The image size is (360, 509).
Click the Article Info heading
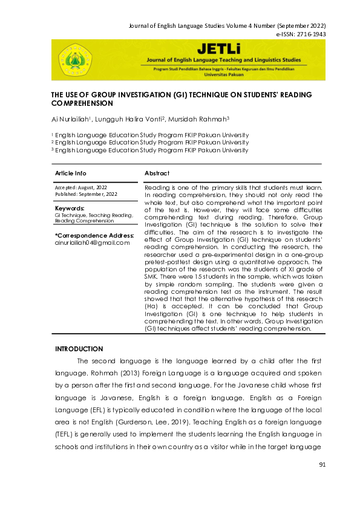tap(70, 173)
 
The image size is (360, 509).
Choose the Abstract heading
tap(157, 173)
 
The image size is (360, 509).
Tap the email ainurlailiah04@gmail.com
tap(92, 242)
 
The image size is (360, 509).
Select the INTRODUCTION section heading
tap(79, 349)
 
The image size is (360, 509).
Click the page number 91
tap(322, 464)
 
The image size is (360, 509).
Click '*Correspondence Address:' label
tap(94, 235)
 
